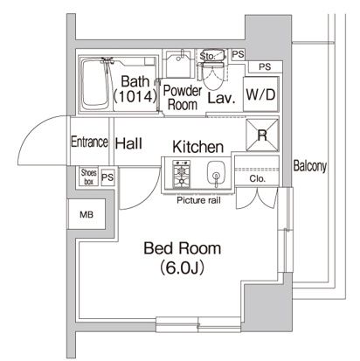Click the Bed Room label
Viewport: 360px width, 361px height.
[182, 249]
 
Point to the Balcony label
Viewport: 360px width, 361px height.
[310, 165]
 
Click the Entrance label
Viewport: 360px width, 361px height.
[89, 142]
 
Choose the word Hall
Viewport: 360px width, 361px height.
[129, 142]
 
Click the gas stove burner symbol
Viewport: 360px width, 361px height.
[183, 177]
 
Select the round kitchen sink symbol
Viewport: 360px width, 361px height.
[214, 175]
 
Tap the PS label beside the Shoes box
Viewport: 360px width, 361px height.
[108, 177]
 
